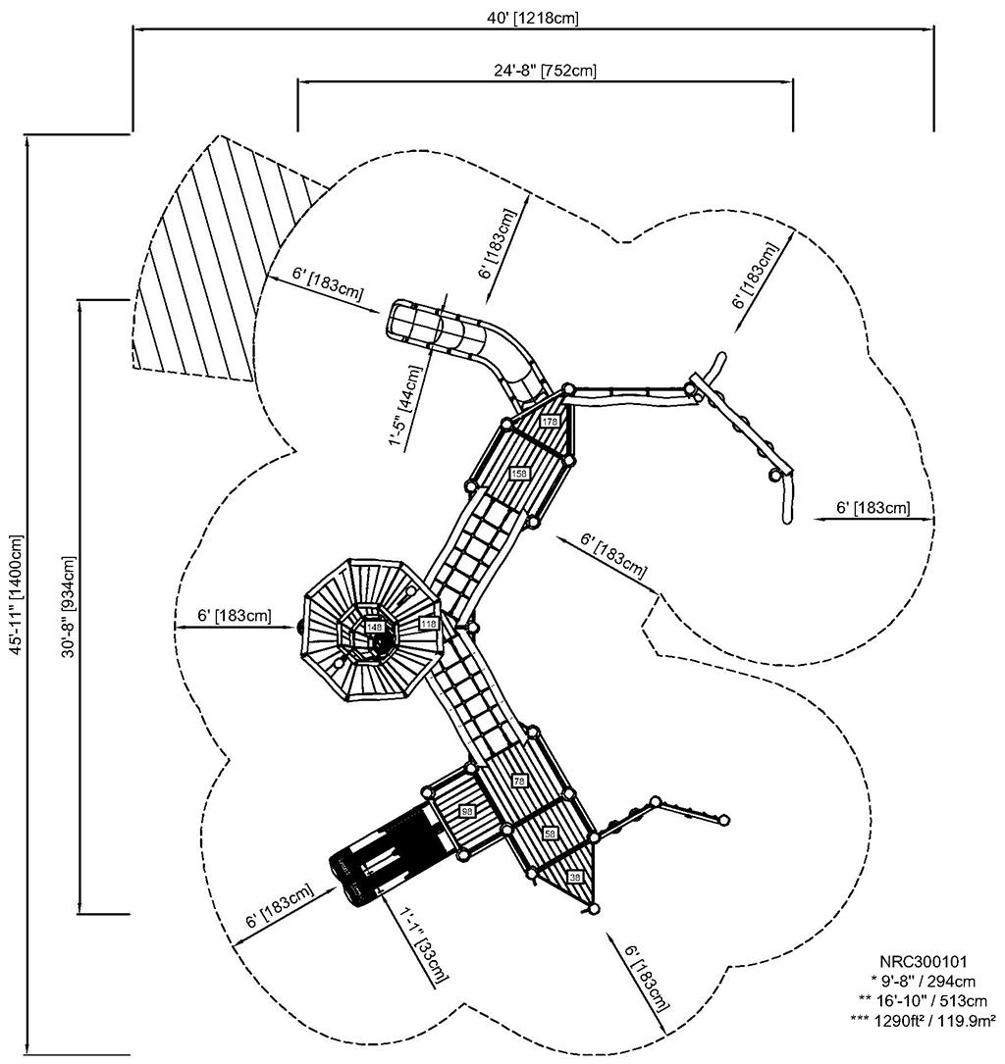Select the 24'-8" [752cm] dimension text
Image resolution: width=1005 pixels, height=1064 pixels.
545,70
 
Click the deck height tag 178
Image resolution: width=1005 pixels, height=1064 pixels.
549,421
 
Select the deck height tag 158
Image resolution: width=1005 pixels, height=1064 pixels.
519,473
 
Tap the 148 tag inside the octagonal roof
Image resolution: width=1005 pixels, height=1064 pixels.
374,627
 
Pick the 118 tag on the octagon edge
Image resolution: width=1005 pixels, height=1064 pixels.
427,624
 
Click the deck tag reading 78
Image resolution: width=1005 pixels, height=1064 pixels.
519,781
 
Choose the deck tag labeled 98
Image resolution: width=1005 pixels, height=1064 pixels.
467,811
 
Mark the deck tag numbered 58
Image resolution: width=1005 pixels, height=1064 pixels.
550,833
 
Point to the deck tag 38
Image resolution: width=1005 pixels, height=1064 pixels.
575,876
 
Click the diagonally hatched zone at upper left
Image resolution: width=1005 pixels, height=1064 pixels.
211,265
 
